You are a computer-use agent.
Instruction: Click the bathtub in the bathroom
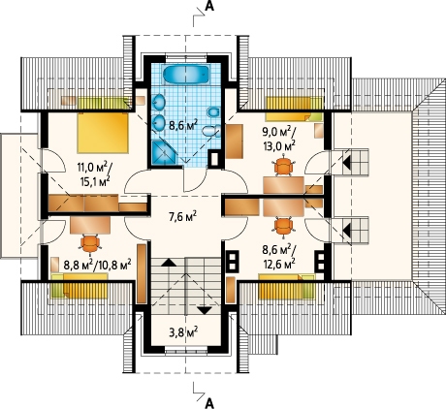[186, 75]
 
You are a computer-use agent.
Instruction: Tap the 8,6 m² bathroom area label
[183, 125]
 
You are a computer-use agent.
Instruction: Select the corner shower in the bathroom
[164, 152]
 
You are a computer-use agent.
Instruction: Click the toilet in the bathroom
[210, 131]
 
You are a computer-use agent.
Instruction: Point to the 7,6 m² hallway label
[183, 216]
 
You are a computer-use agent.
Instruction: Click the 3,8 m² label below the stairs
[183, 331]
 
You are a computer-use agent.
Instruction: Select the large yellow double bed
[103, 133]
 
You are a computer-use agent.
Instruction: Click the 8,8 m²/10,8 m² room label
[97, 265]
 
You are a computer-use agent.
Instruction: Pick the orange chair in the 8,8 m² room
[90, 243]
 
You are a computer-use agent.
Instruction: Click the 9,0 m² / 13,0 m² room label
[278, 139]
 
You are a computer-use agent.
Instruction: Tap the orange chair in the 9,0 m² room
[284, 167]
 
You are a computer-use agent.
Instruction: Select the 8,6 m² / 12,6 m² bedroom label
[278, 256]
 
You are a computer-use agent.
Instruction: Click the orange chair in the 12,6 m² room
[283, 226]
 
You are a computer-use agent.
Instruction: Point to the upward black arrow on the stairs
[168, 263]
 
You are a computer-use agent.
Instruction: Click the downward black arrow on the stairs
[205, 310]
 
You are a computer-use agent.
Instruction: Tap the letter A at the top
[209, 7]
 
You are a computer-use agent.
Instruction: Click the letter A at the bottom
[209, 403]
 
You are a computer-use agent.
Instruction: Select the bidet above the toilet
[213, 112]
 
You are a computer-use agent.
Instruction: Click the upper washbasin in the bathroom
[158, 102]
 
